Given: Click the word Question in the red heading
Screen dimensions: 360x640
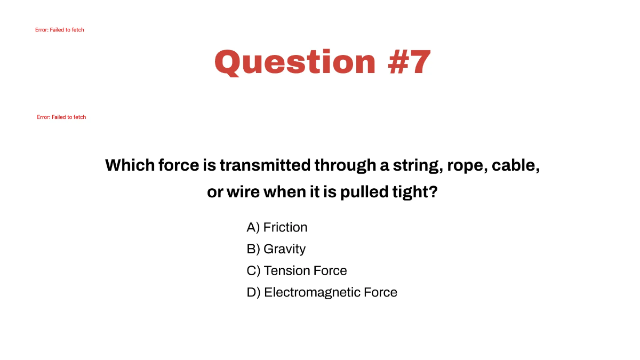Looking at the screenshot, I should pyautogui.click(x=295, y=62).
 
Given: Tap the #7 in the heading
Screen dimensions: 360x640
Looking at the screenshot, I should pyautogui.click(x=410, y=62).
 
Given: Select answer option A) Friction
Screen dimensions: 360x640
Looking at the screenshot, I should pyautogui.click(x=277, y=227).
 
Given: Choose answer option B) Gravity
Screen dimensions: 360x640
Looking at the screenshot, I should pyautogui.click(x=276, y=249).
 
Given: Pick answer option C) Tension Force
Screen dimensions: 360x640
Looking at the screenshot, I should pyautogui.click(x=297, y=271).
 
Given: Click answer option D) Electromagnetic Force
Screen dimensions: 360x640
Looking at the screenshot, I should pyautogui.click(x=322, y=292).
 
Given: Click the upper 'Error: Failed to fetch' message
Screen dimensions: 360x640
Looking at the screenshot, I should pyautogui.click(x=60, y=30).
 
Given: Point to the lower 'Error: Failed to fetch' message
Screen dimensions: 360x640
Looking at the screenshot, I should pyautogui.click(x=61, y=117).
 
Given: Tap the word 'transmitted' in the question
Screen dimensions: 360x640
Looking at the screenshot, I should pyautogui.click(x=265, y=165).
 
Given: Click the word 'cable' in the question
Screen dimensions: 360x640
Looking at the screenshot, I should pyautogui.click(x=516, y=165).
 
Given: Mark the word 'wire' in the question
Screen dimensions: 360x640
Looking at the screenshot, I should pyautogui.click(x=243, y=192).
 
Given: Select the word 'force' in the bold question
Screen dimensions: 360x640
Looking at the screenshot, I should pyautogui.click(x=178, y=165).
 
